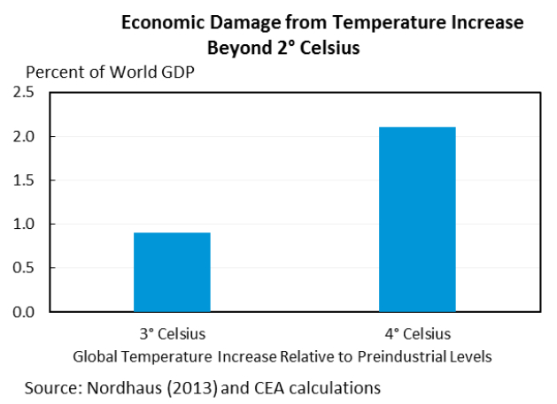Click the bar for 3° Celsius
click(172, 272)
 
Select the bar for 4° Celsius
click(417, 219)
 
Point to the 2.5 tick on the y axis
click(24, 93)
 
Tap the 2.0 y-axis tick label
click(24, 137)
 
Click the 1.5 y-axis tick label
click(24, 180)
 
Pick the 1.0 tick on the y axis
click(24, 225)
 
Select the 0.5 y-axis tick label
click(24, 268)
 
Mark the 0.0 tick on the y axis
click(24, 312)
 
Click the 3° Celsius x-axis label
click(172, 334)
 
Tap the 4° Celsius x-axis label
click(417, 334)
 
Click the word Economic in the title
click(160, 22)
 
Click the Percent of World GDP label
click(110, 72)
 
